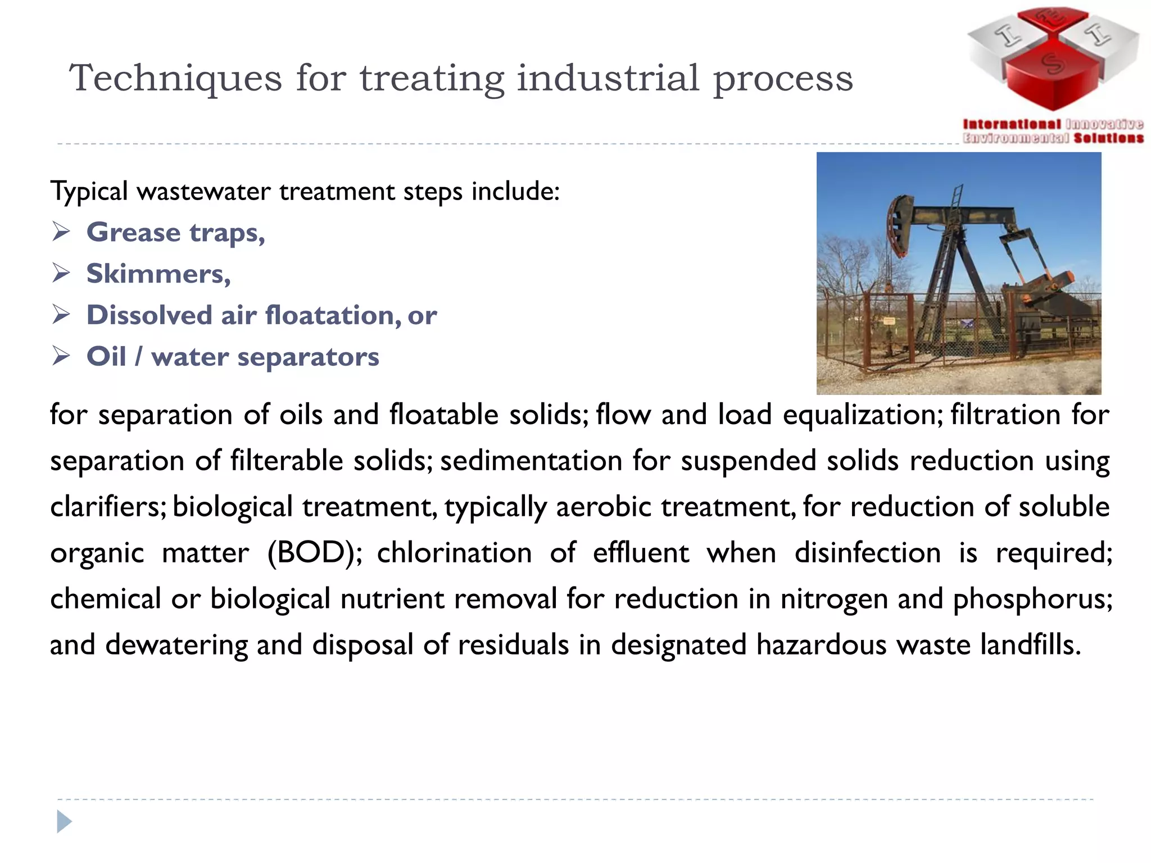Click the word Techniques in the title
click(175, 79)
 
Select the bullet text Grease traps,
click(175, 233)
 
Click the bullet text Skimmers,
click(158, 274)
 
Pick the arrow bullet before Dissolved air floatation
click(61, 315)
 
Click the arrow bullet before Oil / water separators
click(61, 356)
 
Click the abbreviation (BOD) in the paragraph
click(315, 553)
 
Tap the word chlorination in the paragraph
click(454, 553)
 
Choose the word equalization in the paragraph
click(862, 416)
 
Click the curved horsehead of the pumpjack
click(898, 225)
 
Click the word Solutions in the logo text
click(1108, 138)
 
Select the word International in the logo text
click(1012, 124)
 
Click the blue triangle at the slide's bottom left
click(64, 822)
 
